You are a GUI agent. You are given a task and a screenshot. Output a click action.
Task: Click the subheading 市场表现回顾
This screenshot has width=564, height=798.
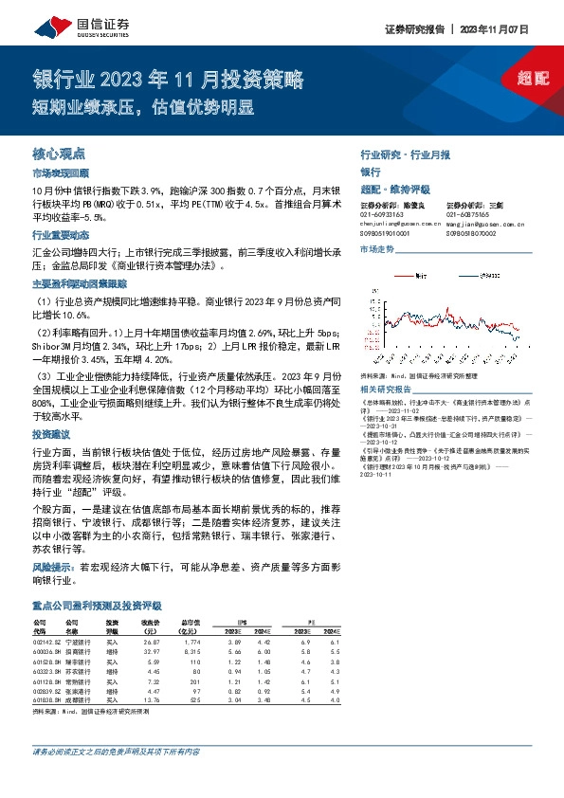click(60, 173)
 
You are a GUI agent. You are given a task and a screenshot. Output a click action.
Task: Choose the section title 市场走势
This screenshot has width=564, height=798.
click(376, 248)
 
